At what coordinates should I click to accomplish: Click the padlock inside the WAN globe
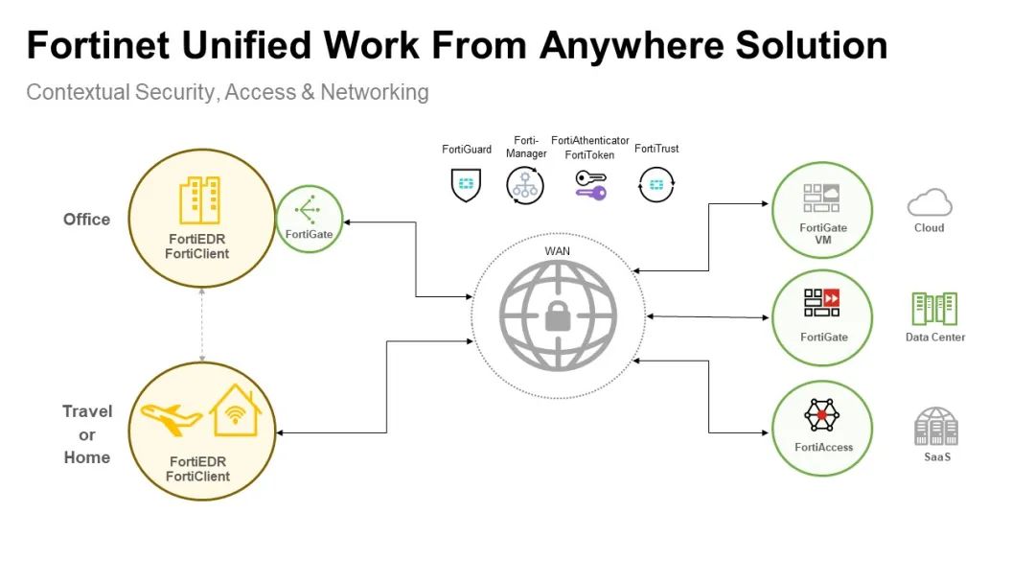coord(558,315)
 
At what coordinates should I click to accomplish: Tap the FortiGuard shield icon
coord(466,183)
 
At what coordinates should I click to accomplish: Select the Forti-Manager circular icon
coord(525,183)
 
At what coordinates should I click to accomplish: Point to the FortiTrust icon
coord(655,183)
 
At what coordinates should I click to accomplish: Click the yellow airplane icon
coord(171,417)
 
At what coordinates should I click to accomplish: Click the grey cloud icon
coord(929,202)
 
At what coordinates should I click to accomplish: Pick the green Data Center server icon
coord(934,309)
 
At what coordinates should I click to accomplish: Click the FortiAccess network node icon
coord(821,414)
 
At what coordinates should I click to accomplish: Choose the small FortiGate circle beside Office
coord(309,218)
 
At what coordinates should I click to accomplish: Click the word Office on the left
coord(86,220)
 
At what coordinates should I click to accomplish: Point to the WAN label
coord(557,251)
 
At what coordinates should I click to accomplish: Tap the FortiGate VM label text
coord(823,234)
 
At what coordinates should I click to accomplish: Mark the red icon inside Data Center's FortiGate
coord(831,297)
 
